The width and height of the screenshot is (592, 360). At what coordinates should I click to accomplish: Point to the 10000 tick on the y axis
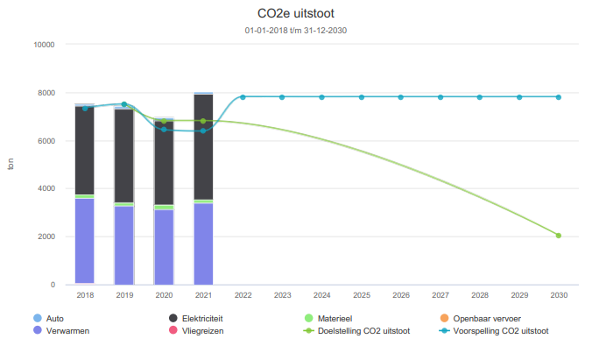(43, 45)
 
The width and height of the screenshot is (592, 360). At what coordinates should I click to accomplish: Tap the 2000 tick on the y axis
(46, 236)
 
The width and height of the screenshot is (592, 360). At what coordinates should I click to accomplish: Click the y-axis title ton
(11, 165)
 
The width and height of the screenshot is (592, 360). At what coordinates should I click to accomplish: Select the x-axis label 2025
(361, 296)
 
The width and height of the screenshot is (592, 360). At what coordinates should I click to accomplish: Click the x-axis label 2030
(558, 296)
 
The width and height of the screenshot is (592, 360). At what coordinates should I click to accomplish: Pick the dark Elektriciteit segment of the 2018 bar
(85, 149)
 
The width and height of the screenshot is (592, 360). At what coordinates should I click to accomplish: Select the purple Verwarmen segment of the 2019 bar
(124, 245)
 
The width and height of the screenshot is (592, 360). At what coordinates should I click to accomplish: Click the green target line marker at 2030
(558, 236)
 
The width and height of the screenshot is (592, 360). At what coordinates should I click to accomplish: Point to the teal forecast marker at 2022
(243, 97)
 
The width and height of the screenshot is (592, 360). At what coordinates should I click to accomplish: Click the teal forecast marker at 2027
(440, 97)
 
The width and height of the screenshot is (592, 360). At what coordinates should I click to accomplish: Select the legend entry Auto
(56, 319)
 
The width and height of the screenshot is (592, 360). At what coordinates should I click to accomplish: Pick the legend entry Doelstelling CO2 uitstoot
(363, 331)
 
